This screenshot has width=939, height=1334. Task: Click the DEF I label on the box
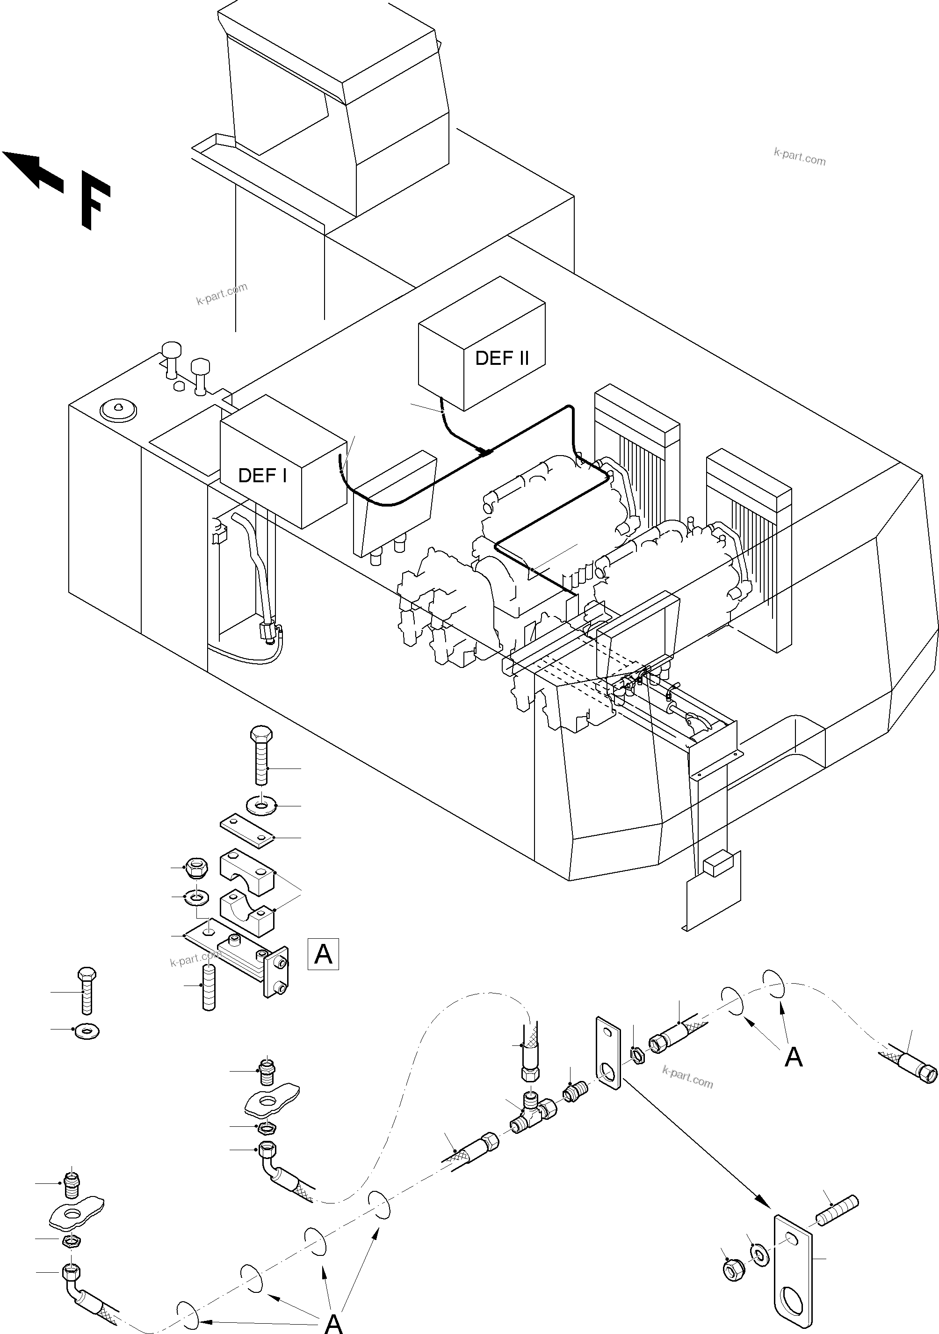(x=262, y=475)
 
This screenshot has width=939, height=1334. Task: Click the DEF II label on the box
(x=502, y=358)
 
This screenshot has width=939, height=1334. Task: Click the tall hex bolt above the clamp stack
(x=261, y=755)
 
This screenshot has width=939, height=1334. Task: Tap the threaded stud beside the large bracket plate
(x=838, y=1210)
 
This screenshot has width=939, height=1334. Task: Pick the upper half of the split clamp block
(x=246, y=871)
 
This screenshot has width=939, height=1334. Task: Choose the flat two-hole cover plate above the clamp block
(x=247, y=830)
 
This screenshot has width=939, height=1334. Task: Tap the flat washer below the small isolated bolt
(x=87, y=1031)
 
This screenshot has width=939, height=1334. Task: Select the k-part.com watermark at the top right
(x=799, y=156)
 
